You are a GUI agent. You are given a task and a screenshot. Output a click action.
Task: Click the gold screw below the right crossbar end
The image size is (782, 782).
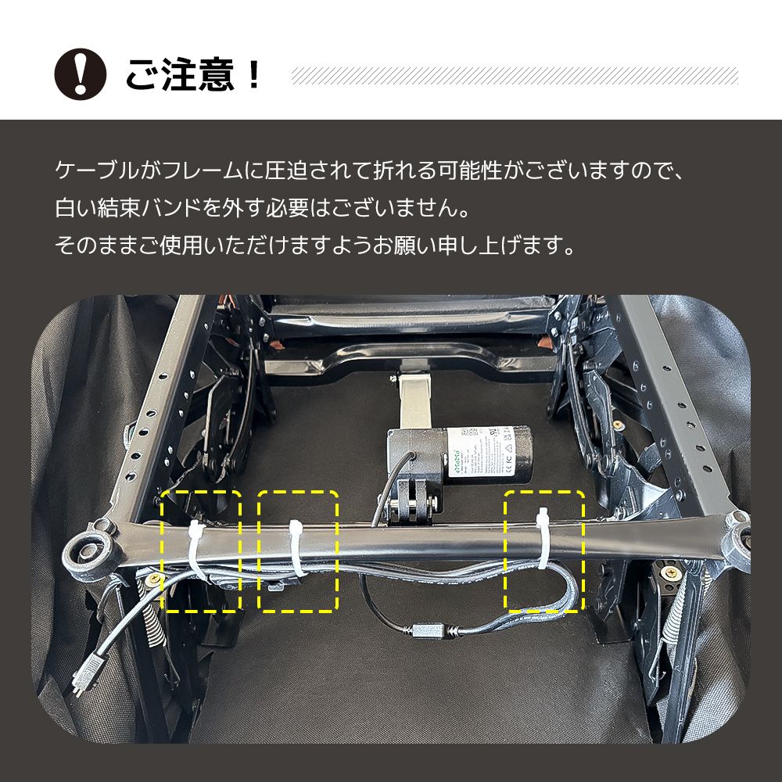(670, 574)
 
